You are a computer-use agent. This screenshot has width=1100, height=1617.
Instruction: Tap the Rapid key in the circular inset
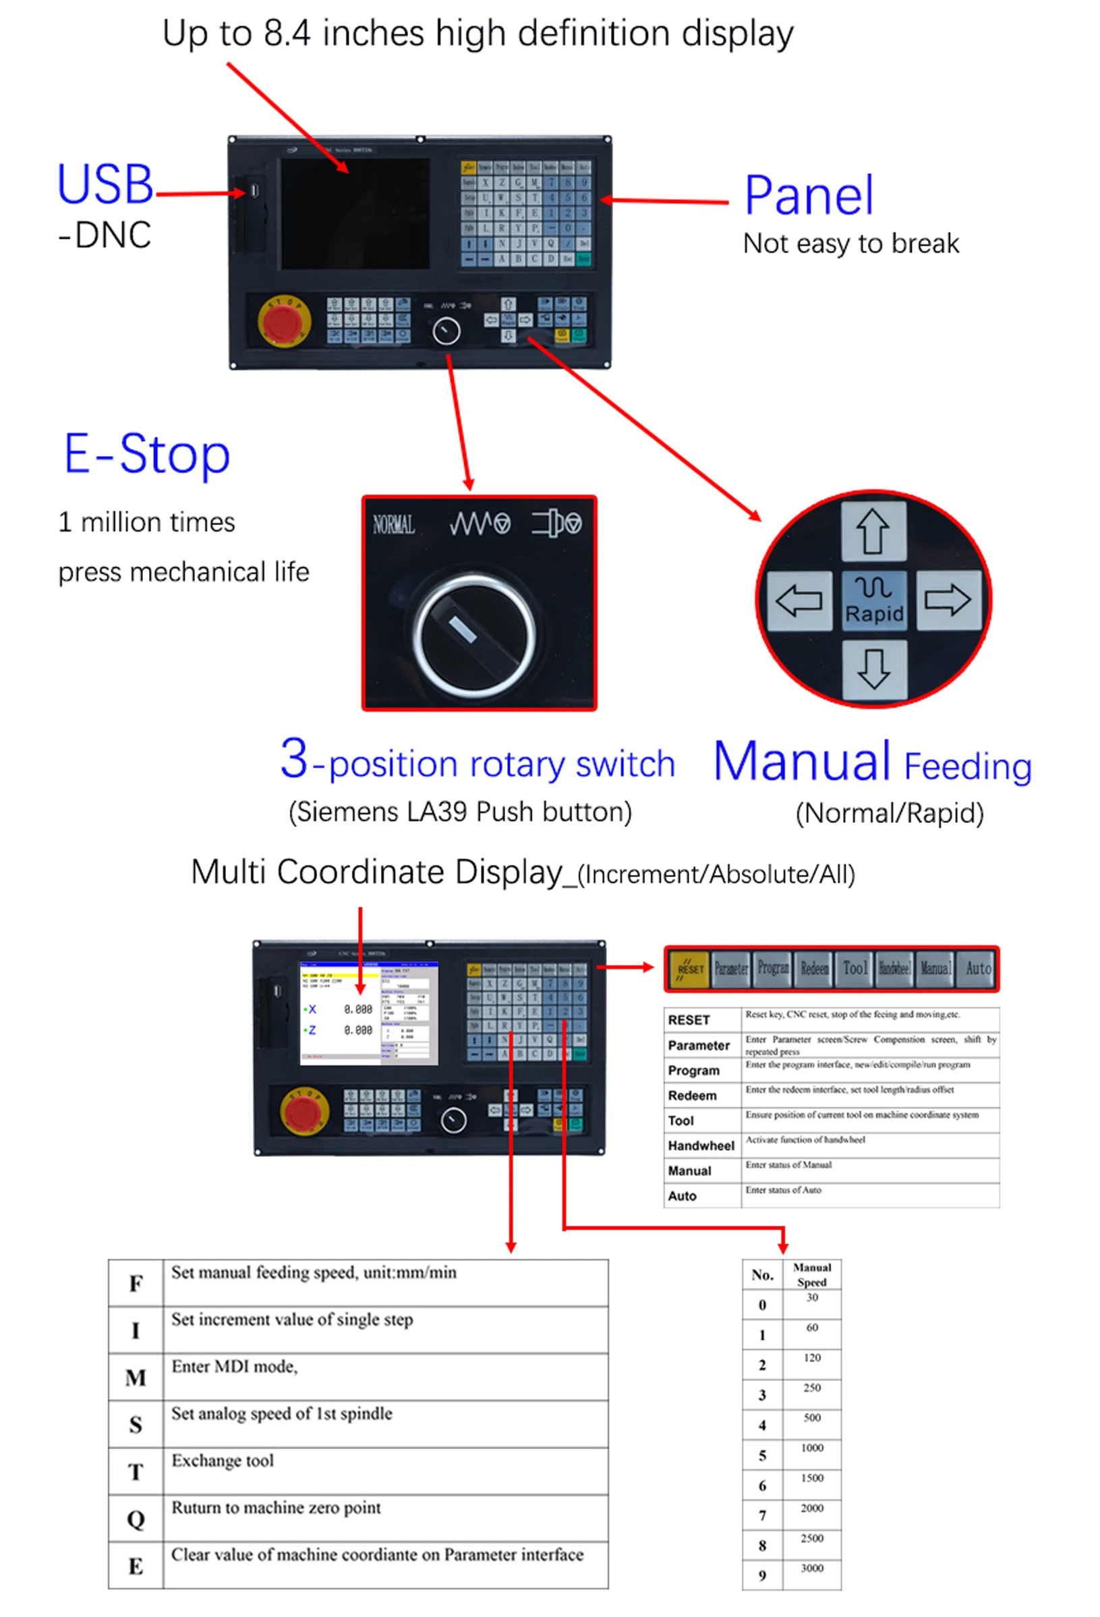click(x=873, y=600)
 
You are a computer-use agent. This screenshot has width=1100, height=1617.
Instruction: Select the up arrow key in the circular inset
click(x=873, y=531)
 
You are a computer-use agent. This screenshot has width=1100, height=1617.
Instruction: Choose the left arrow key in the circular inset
click(x=798, y=600)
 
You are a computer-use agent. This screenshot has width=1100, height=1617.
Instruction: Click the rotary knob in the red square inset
click(x=475, y=635)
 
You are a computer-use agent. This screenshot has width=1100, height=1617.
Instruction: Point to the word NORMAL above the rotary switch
click(x=394, y=525)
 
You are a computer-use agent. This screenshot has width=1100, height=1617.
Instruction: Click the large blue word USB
click(x=105, y=185)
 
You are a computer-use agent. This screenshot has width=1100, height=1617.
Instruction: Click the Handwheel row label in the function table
click(x=701, y=1146)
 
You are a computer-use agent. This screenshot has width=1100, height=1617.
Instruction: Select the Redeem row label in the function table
click(x=691, y=1096)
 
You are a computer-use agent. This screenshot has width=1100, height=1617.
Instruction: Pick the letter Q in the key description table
click(x=136, y=1520)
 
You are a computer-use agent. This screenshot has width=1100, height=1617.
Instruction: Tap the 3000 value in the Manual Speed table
click(x=812, y=1568)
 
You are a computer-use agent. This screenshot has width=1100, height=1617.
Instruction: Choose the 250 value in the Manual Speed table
click(x=812, y=1388)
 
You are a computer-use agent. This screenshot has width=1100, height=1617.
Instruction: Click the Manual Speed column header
click(x=812, y=1275)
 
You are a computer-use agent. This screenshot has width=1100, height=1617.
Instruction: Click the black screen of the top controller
click(x=354, y=214)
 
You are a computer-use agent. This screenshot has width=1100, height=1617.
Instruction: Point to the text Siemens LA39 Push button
click(x=460, y=812)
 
